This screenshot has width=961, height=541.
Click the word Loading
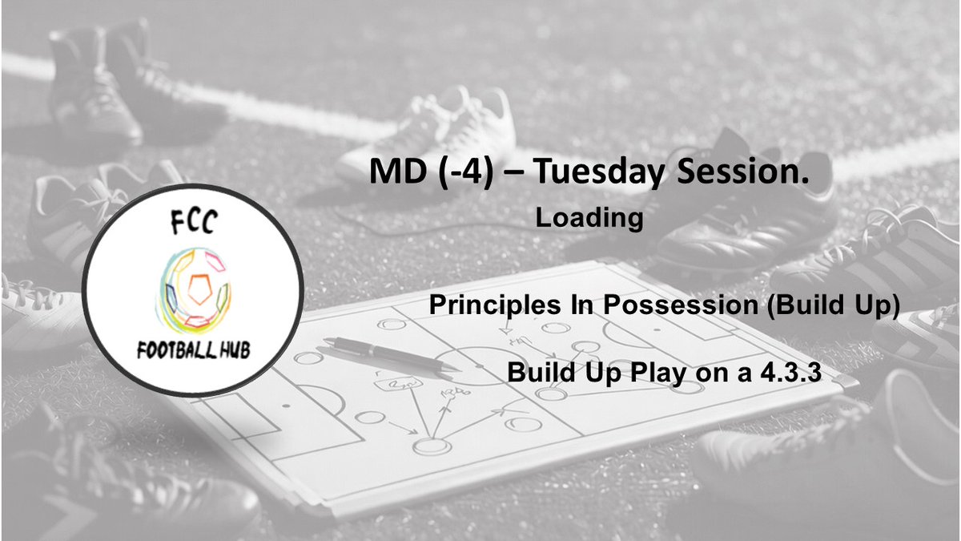[x=589, y=218]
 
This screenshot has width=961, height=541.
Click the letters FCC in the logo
[x=192, y=224]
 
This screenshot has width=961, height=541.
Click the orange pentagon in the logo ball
[x=198, y=285]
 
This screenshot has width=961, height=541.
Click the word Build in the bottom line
[x=537, y=373]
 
